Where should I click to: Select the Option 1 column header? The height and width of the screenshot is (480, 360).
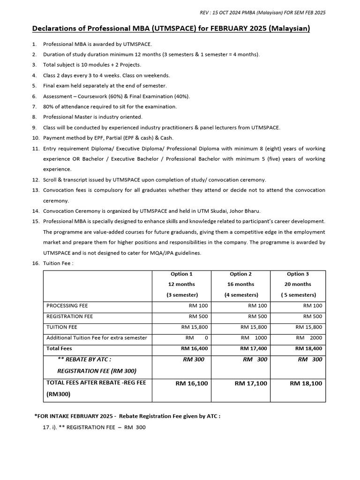coord(181,274)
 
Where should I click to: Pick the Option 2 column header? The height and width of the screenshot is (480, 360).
coord(240,274)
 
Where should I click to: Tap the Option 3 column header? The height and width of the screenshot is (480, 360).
coord(298,274)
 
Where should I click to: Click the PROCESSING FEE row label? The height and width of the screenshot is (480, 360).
coord(67,306)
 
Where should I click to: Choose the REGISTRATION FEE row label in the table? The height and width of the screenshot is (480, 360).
coord(70,316)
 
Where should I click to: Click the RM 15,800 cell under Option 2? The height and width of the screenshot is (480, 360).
coord(254,327)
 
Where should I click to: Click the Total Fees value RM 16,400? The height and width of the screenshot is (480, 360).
coord(194,349)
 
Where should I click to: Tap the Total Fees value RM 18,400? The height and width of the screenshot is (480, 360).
coord(308,349)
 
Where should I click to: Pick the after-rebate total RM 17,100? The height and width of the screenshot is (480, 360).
coord(251,383)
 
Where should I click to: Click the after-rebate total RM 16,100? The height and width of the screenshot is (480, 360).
coord(192,383)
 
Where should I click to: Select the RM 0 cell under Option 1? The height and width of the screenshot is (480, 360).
coord(196,338)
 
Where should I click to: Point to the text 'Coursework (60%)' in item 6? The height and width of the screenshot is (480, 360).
coord(100,96)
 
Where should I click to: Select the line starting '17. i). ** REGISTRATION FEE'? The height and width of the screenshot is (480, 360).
coord(94,427)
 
